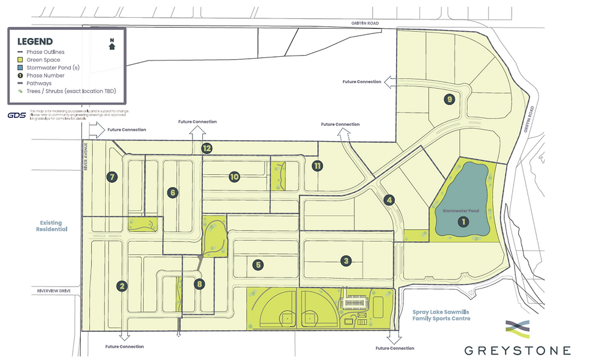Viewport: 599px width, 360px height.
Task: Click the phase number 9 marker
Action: (x=450, y=99)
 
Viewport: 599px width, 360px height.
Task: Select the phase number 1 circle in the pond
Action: (x=463, y=222)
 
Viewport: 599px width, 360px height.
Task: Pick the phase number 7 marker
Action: (x=111, y=177)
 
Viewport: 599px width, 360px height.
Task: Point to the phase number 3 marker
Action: (x=347, y=261)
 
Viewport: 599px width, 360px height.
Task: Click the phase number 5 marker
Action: (x=259, y=265)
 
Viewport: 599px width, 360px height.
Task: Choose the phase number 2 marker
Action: (x=122, y=285)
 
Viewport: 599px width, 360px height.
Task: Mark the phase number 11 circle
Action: (x=317, y=166)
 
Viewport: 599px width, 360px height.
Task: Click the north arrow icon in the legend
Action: (x=112, y=45)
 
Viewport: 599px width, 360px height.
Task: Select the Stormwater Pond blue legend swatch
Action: (x=20, y=68)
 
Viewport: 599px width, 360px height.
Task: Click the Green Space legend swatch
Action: (x=20, y=60)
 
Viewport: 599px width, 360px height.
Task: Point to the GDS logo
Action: (x=17, y=115)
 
